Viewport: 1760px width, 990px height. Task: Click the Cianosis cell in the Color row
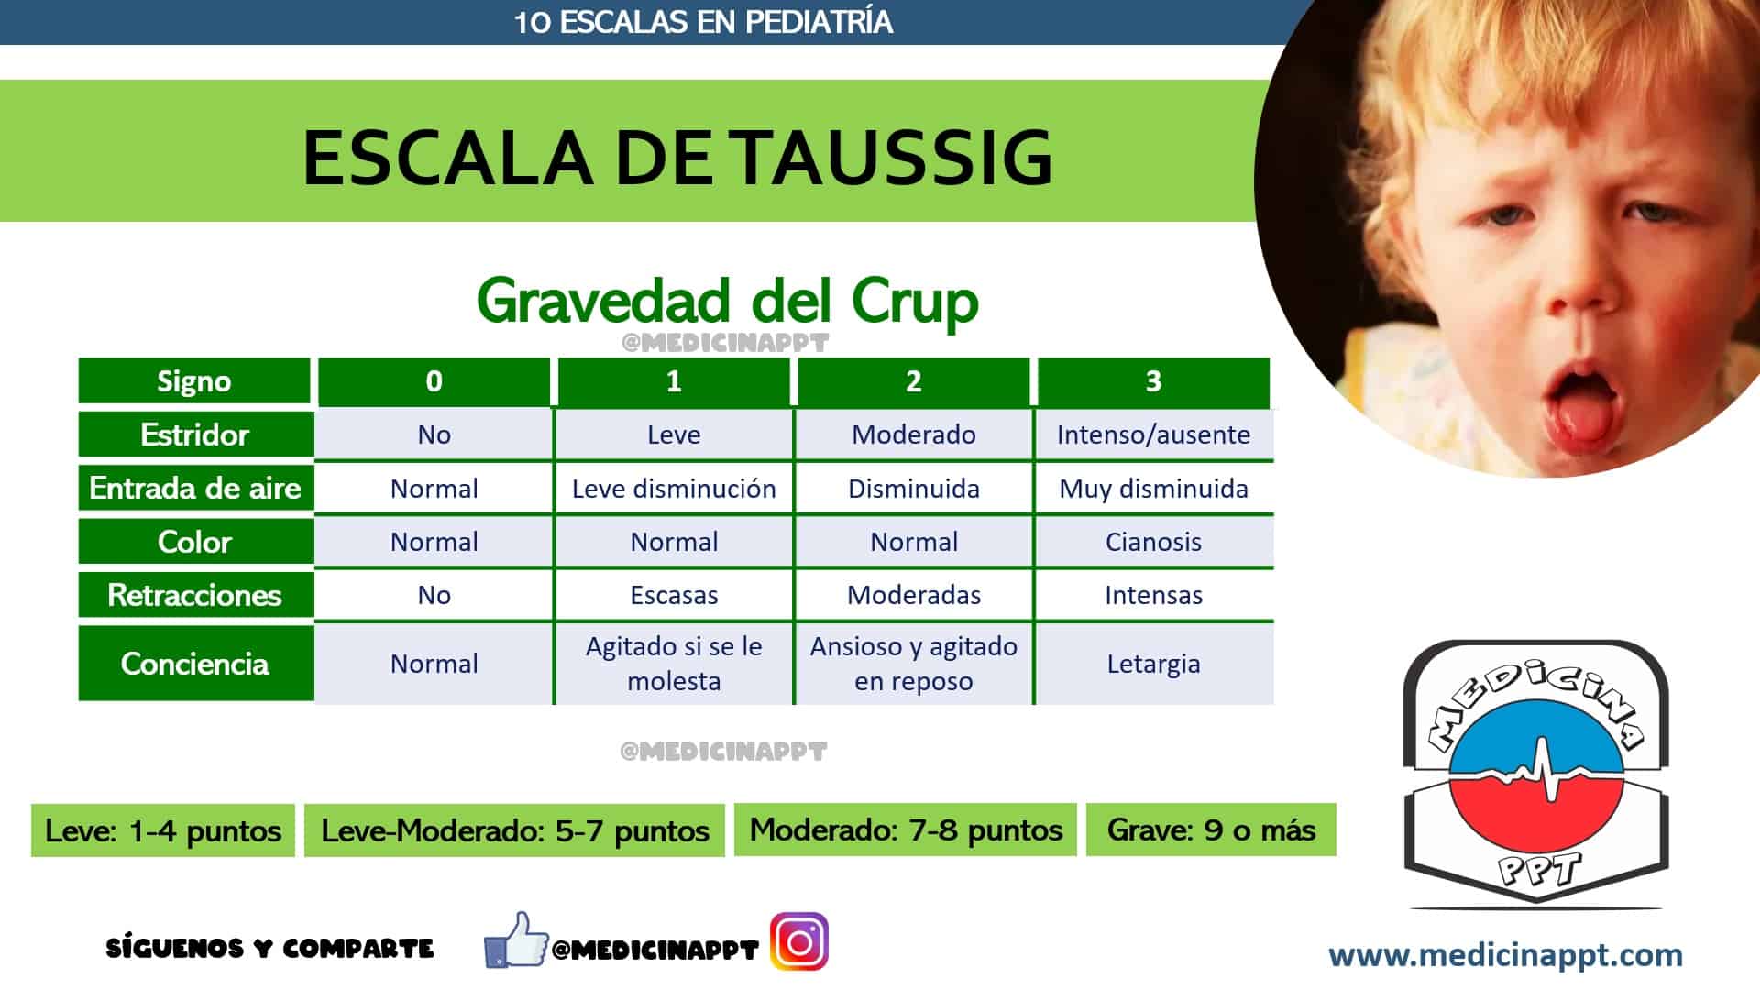point(1153,542)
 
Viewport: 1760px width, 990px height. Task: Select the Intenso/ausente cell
point(1153,434)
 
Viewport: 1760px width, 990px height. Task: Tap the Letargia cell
point(1153,664)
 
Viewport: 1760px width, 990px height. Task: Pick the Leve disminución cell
point(674,489)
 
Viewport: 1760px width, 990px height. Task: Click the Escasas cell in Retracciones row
point(674,595)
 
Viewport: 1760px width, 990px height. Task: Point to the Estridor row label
point(195,434)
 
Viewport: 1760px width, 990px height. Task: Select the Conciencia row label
point(195,664)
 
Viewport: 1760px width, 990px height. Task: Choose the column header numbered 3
point(1153,381)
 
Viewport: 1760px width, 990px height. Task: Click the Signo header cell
point(194,381)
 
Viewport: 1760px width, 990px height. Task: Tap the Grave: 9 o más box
point(1211,830)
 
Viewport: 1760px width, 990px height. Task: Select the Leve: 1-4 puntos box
point(163,831)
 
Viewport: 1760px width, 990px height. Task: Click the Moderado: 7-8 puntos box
point(906,830)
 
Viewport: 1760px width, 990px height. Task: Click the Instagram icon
point(799,941)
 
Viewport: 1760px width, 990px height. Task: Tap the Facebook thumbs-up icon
point(516,940)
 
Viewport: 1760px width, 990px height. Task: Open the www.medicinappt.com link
point(1505,956)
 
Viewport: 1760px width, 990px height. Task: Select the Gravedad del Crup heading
point(728,301)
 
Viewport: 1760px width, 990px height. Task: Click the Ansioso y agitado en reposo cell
point(914,664)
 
